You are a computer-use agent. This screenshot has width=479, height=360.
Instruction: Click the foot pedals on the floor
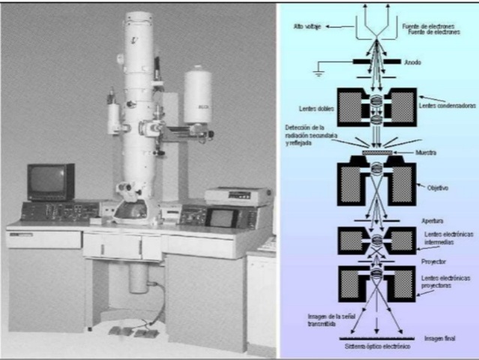coord(128,331)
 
